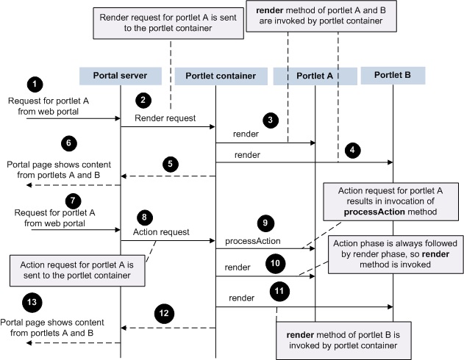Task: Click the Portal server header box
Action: (x=120, y=76)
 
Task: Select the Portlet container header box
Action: (x=215, y=76)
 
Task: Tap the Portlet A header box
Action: (x=314, y=76)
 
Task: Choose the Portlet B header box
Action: (x=393, y=75)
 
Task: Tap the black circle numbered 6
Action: (x=49, y=142)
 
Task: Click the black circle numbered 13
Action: (x=32, y=302)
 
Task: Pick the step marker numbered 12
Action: (x=165, y=314)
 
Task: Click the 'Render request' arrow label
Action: (x=165, y=118)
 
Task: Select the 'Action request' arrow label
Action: (x=162, y=231)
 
